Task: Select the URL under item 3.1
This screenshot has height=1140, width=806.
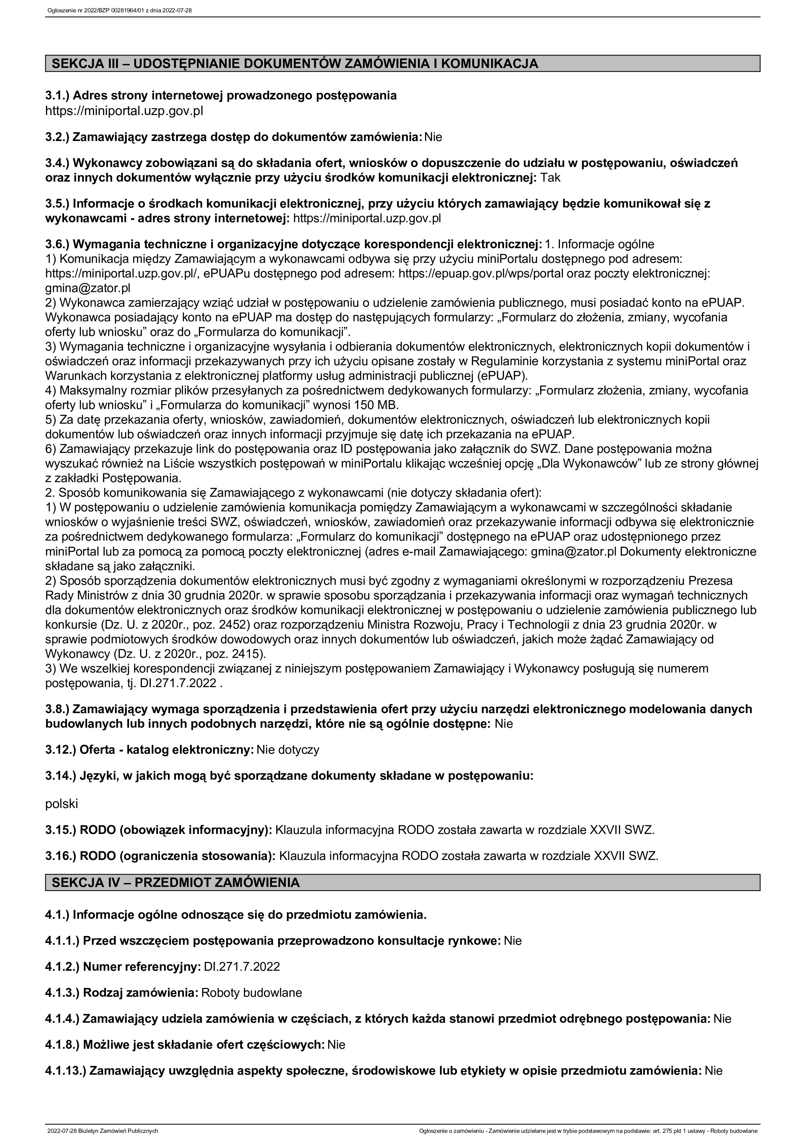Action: pos(124,110)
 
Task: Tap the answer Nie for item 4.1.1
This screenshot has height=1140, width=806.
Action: pos(513,941)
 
